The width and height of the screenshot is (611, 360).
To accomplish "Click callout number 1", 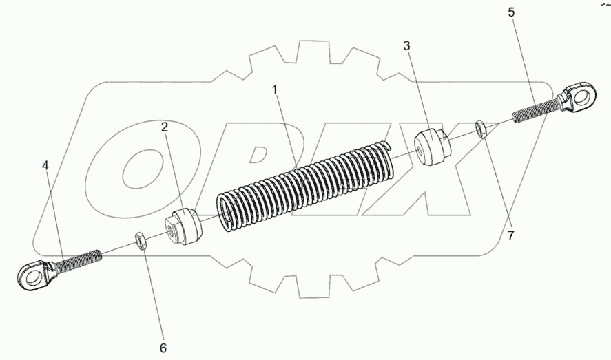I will pyautogui.click(x=276, y=89).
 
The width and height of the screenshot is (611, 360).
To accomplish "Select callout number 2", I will pyautogui.click(x=165, y=127).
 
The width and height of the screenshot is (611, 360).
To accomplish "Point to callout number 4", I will pyautogui.click(x=45, y=165).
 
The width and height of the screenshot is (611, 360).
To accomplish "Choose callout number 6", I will pyautogui.click(x=163, y=348).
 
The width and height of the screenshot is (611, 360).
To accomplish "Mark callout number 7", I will pyautogui.click(x=510, y=235).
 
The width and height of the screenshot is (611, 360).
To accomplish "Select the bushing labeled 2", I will pyautogui.click(x=185, y=226).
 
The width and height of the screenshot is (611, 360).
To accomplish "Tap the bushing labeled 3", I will pyautogui.click(x=433, y=146).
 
